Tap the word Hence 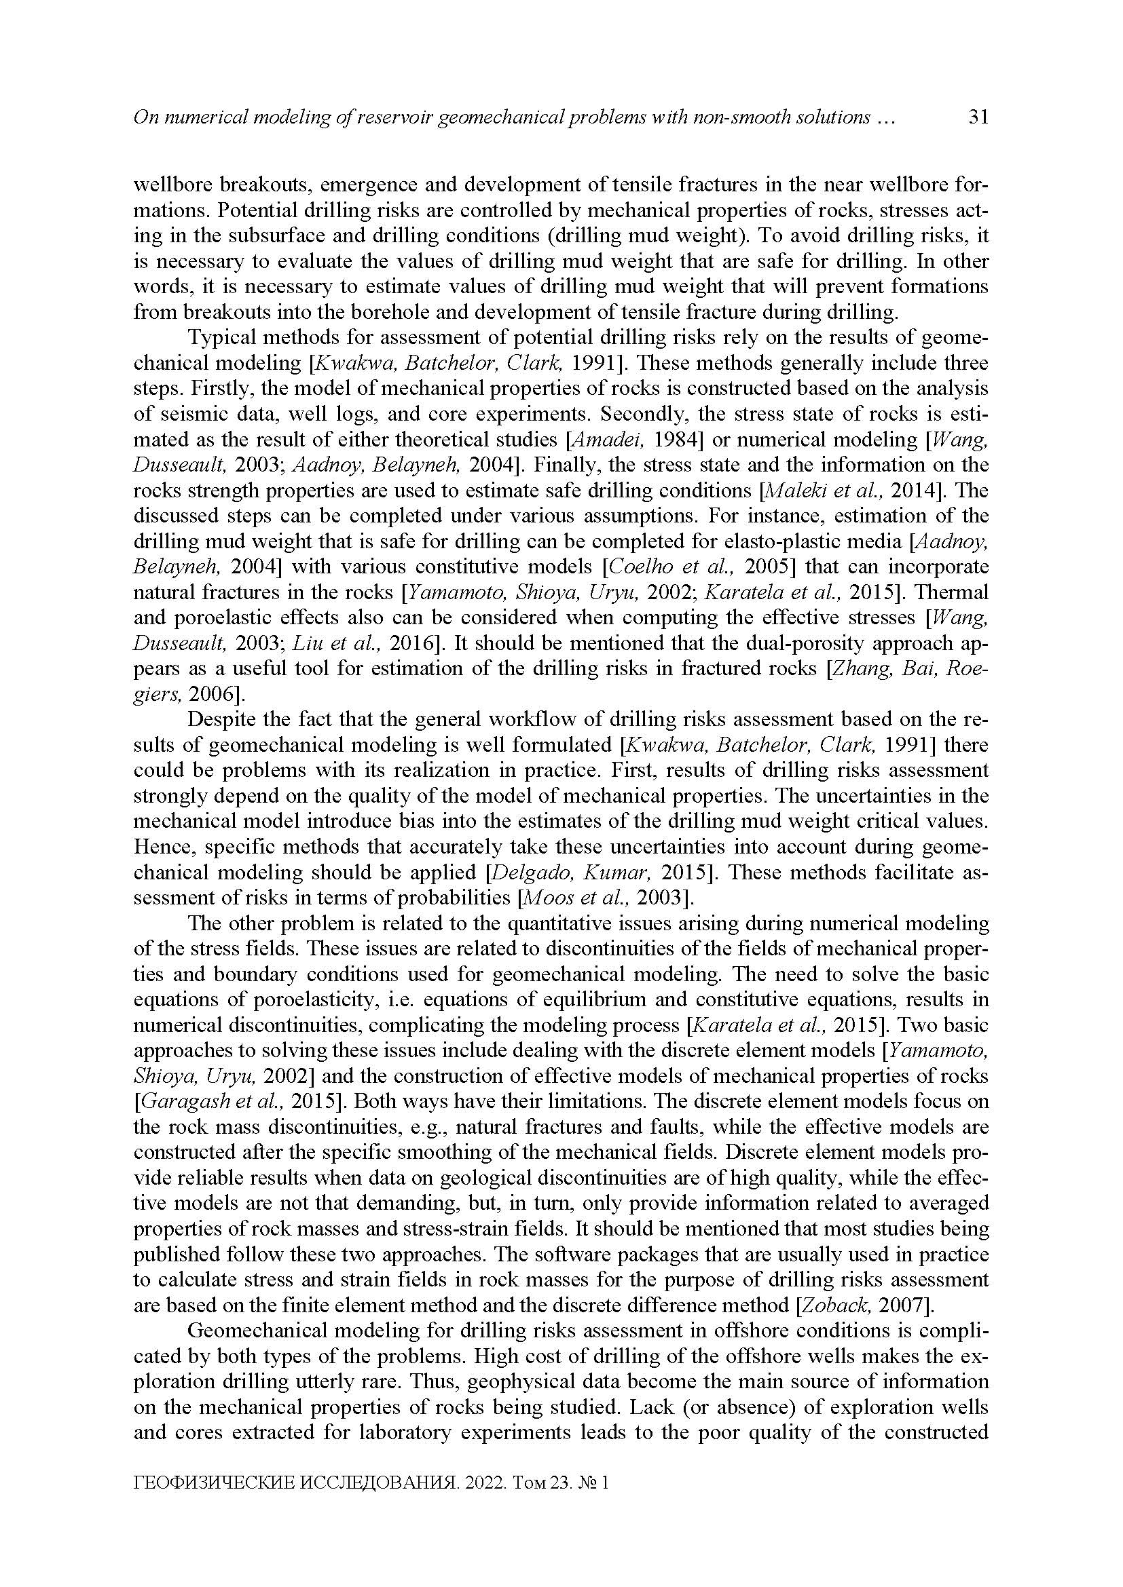click(x=158, y=847)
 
